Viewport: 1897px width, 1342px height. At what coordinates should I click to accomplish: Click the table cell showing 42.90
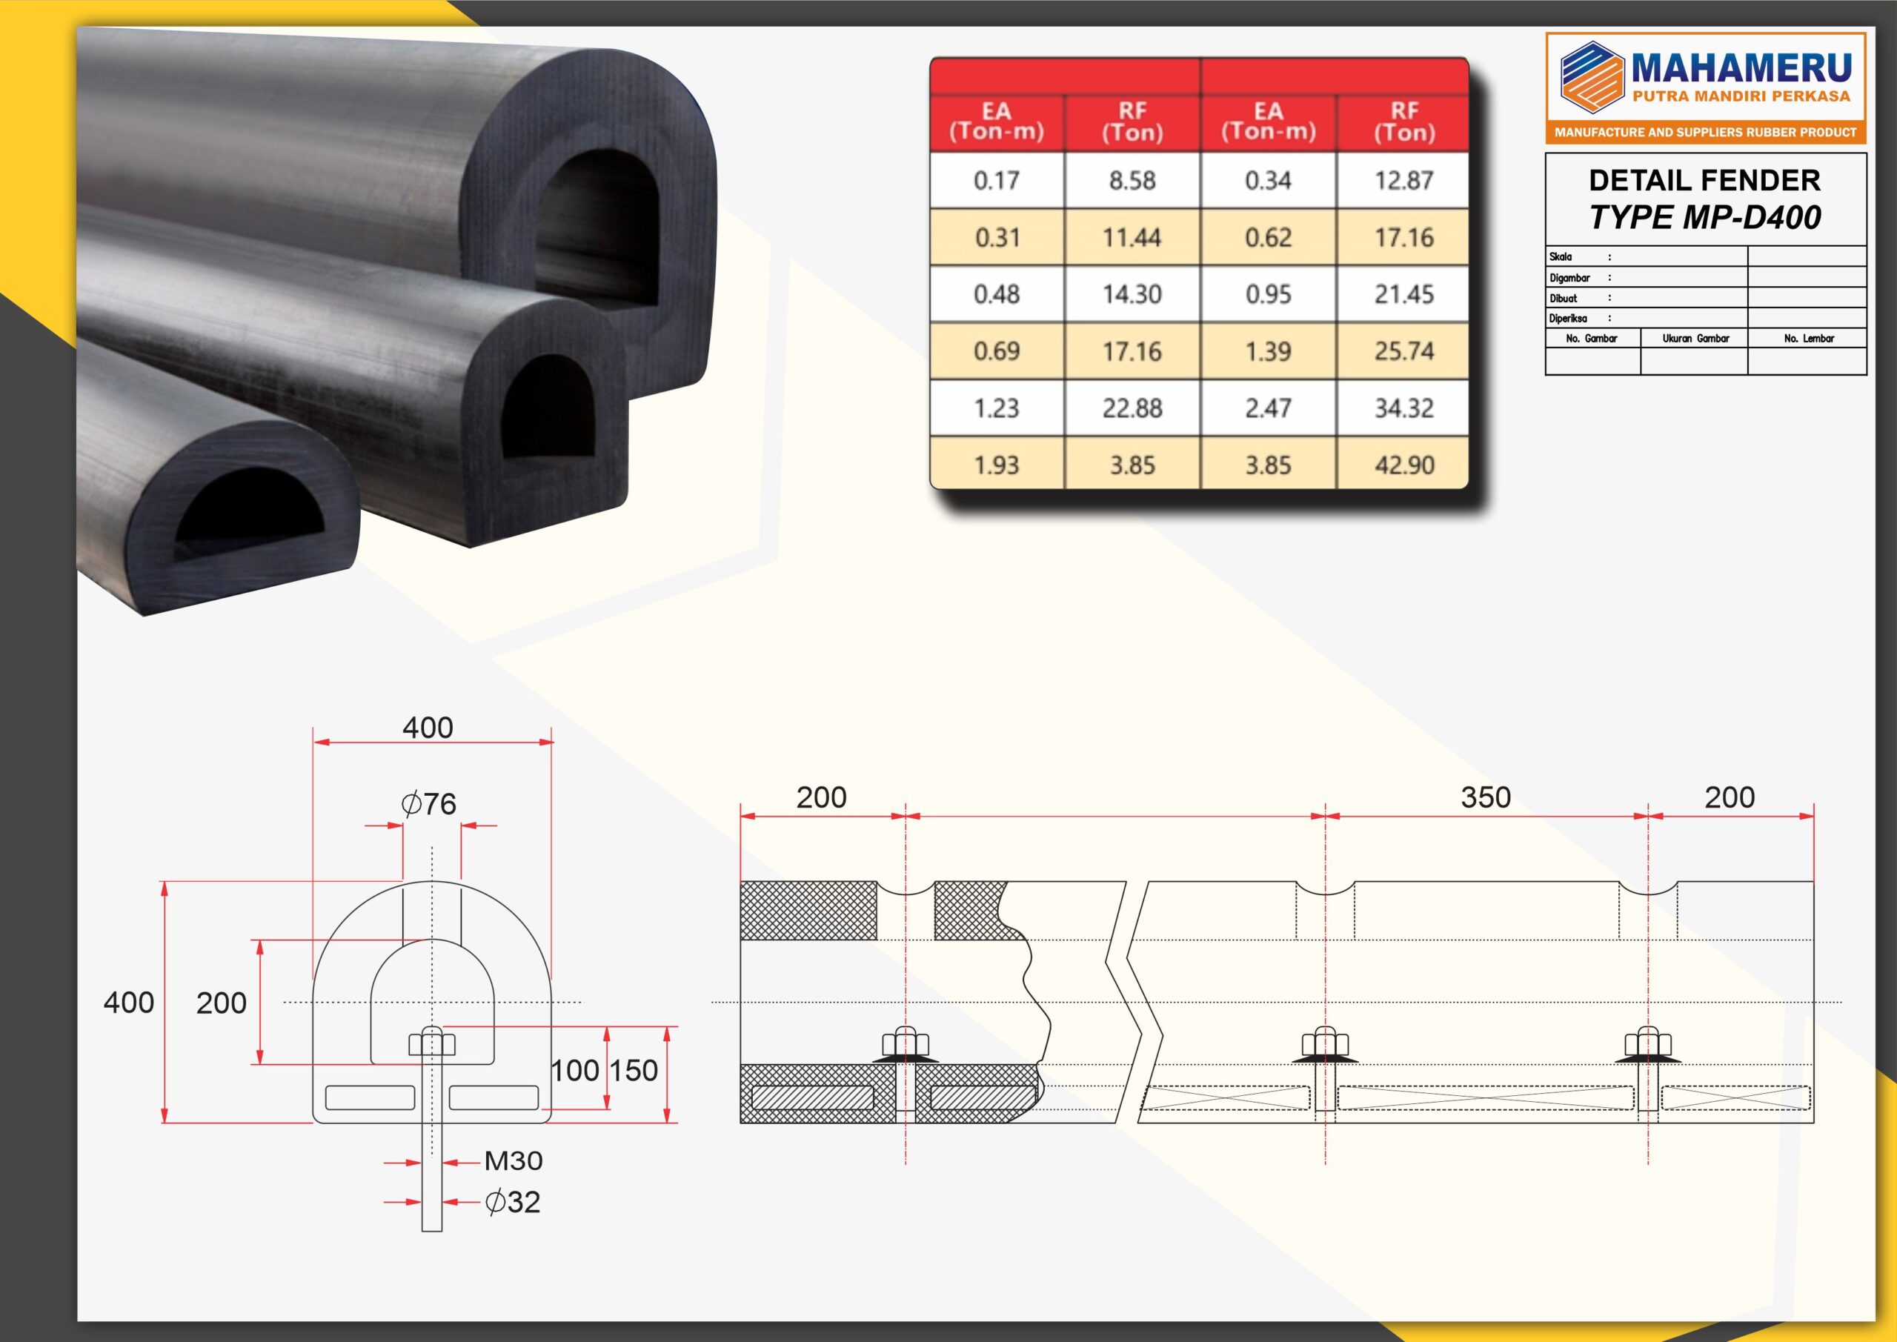tap(1403, 464)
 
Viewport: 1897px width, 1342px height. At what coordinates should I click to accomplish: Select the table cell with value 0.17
tap(997, 180)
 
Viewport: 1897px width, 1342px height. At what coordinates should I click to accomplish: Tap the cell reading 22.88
tap(1132, 408)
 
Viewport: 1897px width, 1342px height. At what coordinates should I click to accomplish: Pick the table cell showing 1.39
tap(1268, 351)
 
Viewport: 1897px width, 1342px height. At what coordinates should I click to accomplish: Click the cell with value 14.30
tap(1132, 294)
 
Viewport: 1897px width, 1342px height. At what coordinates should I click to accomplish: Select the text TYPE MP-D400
tap(1704, 217)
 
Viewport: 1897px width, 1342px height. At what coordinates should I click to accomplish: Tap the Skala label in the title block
tap(1561, 257)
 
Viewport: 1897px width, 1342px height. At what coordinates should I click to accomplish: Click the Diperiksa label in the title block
tap(1567, 318)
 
